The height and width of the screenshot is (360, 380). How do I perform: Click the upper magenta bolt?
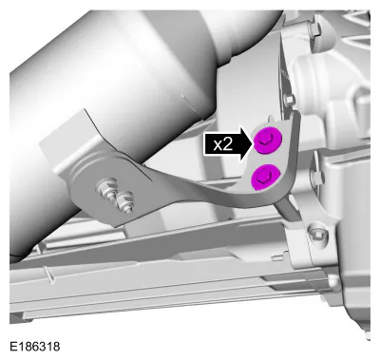268,141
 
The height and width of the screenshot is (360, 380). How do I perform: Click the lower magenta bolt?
266,178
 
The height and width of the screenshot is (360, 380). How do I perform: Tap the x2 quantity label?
223,145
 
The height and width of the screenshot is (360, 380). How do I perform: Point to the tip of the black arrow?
255,144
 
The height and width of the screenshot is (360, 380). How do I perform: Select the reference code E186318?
34,346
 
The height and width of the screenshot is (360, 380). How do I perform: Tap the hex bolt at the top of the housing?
314,28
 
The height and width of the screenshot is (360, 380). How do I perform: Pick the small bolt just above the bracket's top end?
288,101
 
